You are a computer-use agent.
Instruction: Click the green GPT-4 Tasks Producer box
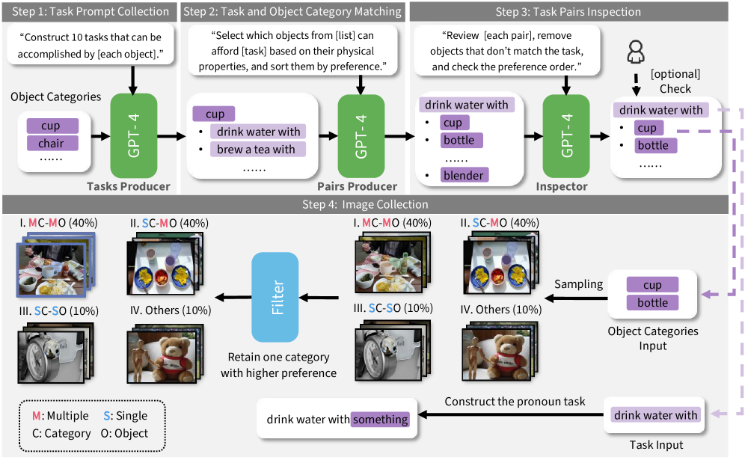click(133, 135)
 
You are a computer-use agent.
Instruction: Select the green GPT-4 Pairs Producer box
click(361, 136)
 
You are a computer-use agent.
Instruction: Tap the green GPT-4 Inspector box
click(566, 136)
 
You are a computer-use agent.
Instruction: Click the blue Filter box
click(275, 297)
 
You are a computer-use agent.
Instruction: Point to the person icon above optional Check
click(636, 52)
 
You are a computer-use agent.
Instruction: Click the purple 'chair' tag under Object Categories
click(52, 143)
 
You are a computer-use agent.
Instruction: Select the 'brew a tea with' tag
click(256, 149)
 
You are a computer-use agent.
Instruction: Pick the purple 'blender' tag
click(464, 175)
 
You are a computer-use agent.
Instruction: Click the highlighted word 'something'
click(380, 419)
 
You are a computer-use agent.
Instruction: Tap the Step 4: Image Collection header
click(365, 204)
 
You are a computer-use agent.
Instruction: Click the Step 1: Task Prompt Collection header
click(91, 11)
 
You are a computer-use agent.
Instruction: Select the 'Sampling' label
click(578, 284)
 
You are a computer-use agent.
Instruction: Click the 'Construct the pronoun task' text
click(515, 402)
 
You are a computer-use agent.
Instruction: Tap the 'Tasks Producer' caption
click(129, 186)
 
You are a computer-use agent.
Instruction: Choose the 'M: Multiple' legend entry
click(60, 416)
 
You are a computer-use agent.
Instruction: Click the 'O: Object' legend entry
click(124, 433)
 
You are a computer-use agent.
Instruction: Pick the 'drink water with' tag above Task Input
click(656, 415)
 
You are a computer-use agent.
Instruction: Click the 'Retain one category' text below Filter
click(278, 357)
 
